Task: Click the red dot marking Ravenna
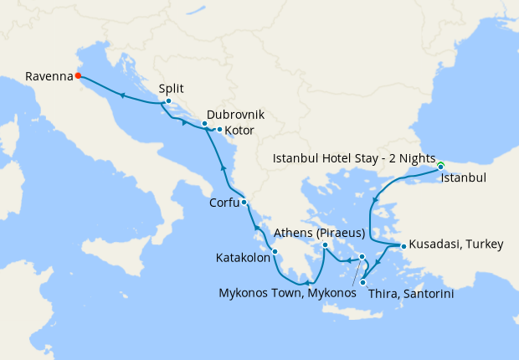78,75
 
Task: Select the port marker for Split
168,102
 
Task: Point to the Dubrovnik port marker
204,123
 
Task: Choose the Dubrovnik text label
234,114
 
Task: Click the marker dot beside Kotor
219,130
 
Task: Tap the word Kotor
239,131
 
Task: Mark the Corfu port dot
244,203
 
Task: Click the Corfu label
225,202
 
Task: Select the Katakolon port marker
275,251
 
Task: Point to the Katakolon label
243,259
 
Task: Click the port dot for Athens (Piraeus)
324,245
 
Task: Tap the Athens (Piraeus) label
325,232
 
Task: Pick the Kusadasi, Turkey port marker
403,246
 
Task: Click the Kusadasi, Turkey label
456,245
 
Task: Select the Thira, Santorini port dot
362,282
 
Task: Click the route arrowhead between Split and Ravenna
123,95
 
